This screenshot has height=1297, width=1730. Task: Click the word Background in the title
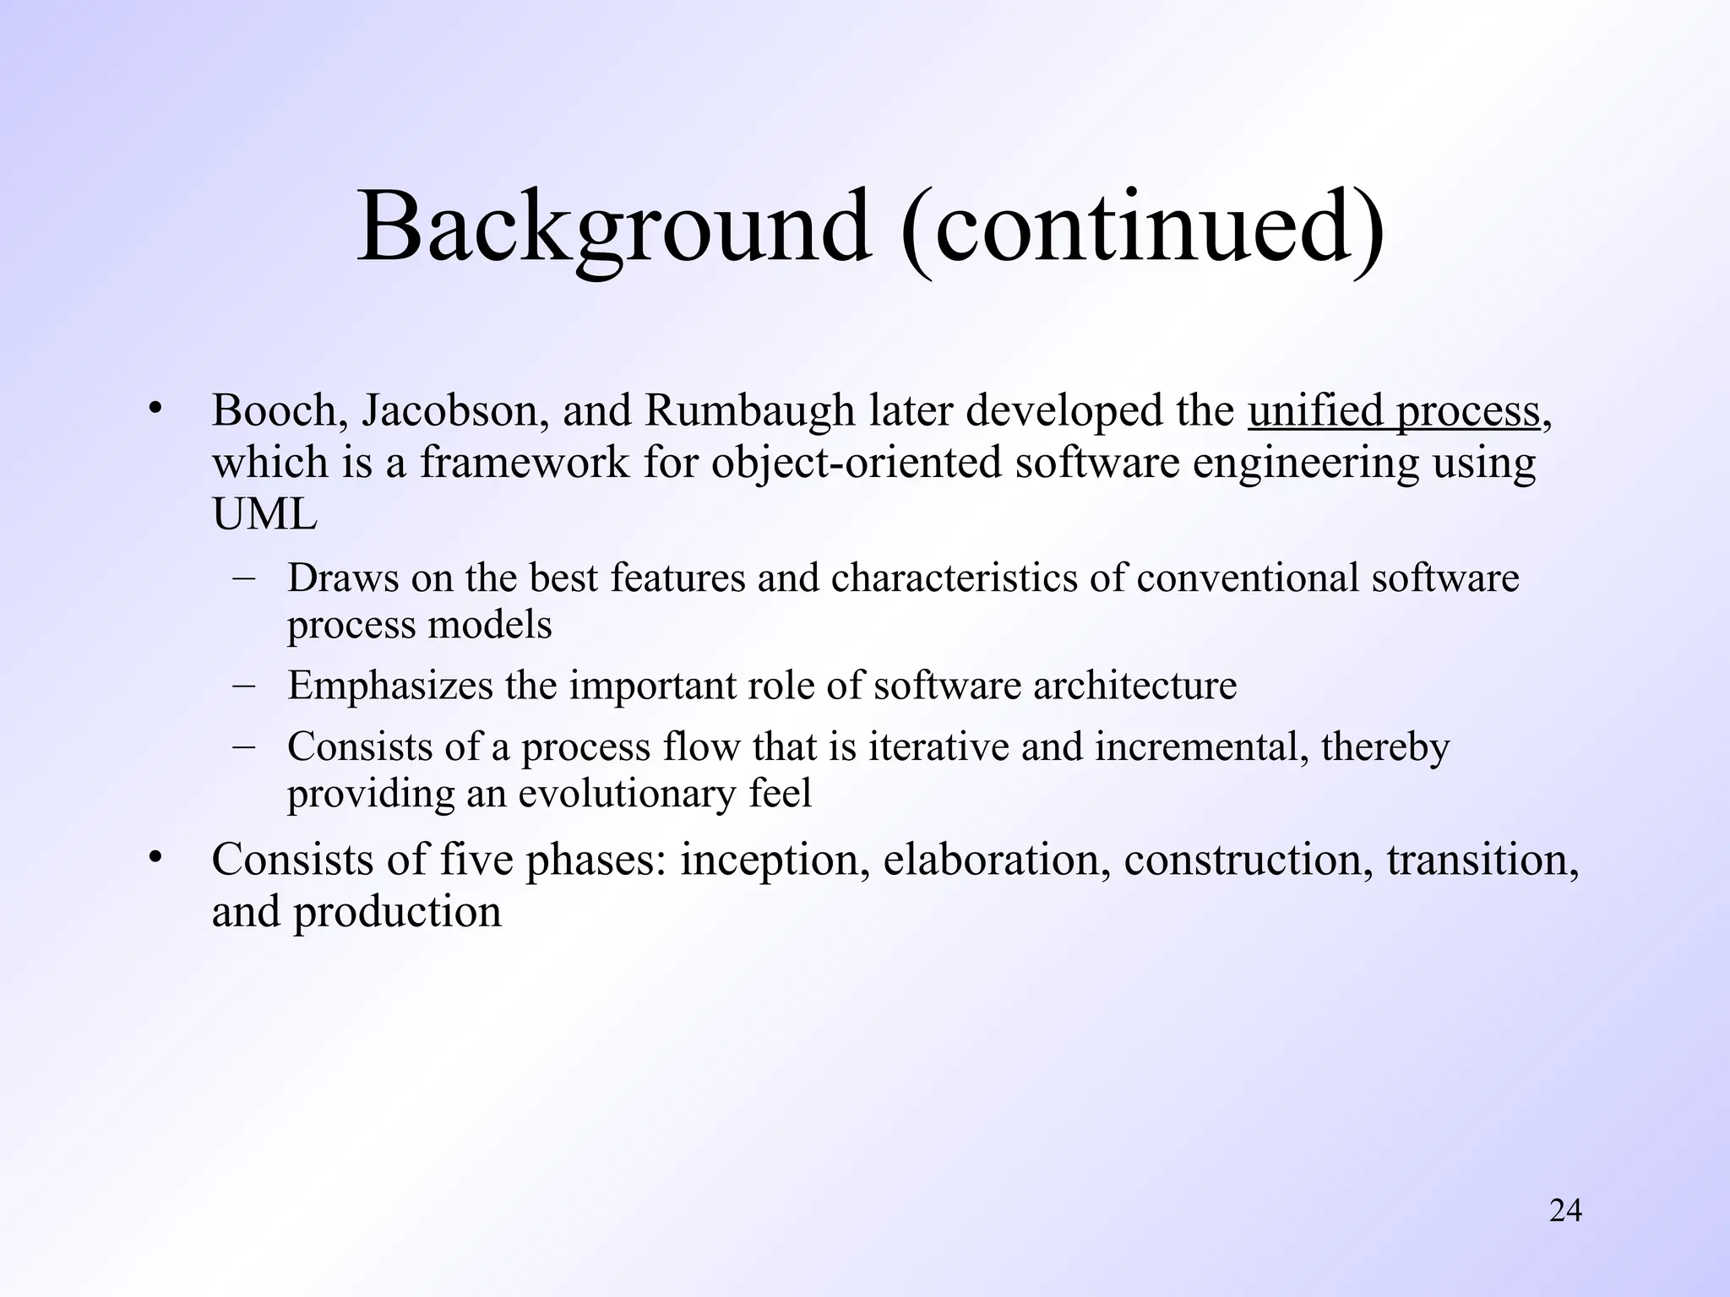click(x=613, y=228)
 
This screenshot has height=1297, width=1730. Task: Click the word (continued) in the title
click(x=1142, y=228)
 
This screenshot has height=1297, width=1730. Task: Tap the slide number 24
click(x=1565, y=1211)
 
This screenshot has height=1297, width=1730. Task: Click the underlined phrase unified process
click(x=1393, y=412)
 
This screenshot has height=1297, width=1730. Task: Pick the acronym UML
click(x=264, y=514)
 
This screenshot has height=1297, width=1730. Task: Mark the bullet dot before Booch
click(x=154, y=410)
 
